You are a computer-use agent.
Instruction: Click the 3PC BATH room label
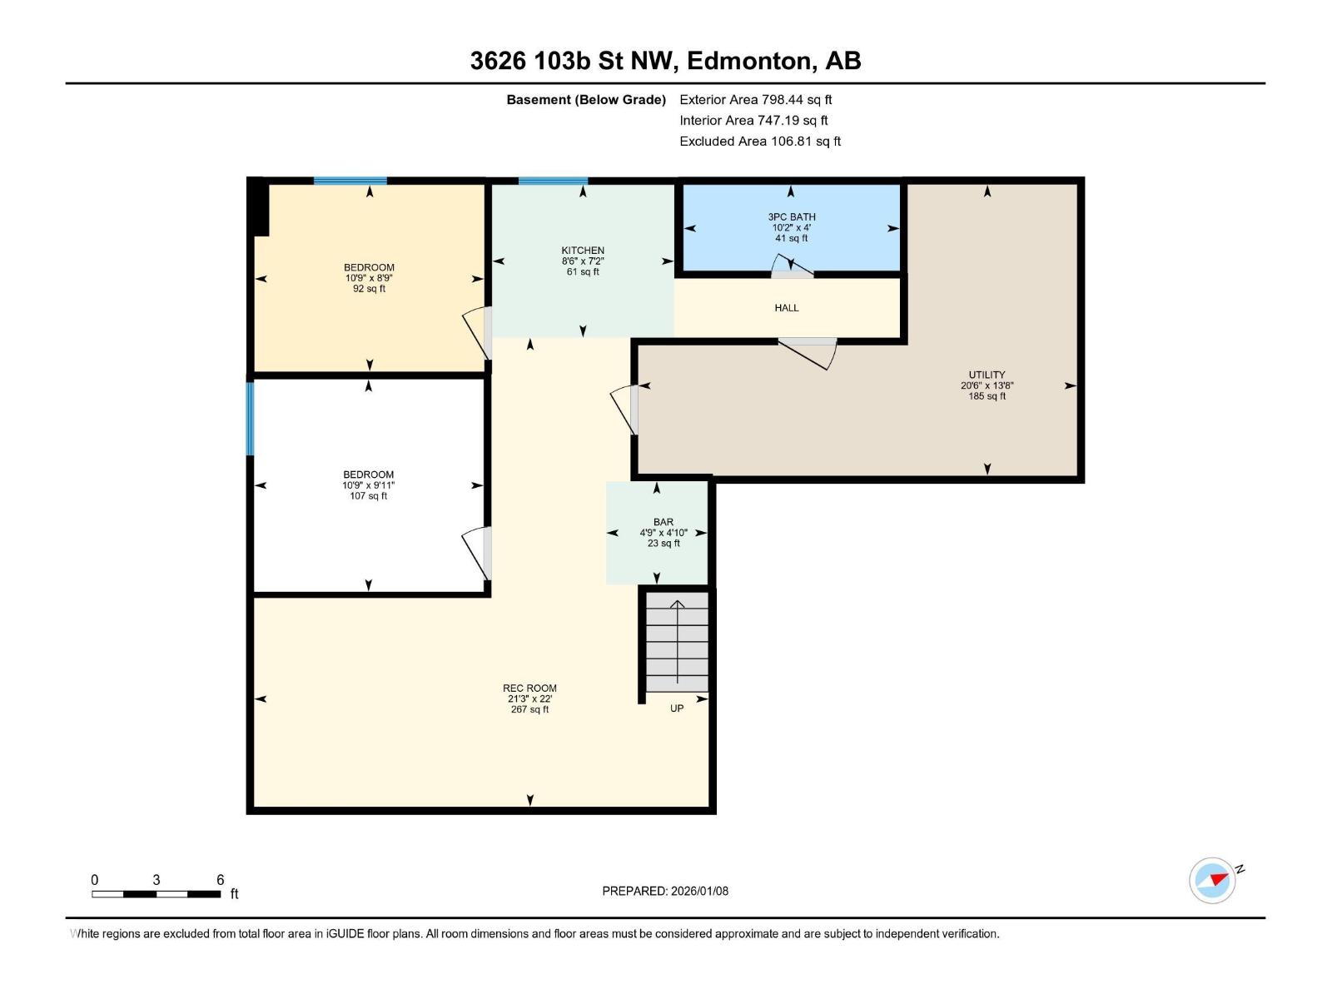tap(792, 217)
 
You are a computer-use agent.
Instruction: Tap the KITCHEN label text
tap(583, 251)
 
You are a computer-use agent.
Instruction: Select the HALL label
tap(787, 308)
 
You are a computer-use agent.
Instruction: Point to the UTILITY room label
tap(987, 375)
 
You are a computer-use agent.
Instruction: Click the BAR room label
tap(664, 522)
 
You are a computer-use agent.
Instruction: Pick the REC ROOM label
tap(529, 688)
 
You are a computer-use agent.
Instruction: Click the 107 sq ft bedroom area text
tap(368, 496)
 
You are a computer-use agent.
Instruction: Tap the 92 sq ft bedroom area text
tap(369, 289)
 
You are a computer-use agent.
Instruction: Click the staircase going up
tap(677, 642)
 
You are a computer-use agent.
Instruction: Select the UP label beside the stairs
tap(677, 708)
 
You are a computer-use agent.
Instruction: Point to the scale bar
tap(156, 893)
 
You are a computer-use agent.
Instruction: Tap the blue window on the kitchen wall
tap(553, 181)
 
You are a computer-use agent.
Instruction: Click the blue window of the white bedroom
tap(250, 419)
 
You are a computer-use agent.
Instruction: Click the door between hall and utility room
tap(808, 353)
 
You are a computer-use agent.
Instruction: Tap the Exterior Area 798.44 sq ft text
tap(756, 100)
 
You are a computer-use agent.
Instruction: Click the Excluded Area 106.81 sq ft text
tap(760, 142)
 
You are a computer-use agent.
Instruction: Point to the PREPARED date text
tap(665, 891)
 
